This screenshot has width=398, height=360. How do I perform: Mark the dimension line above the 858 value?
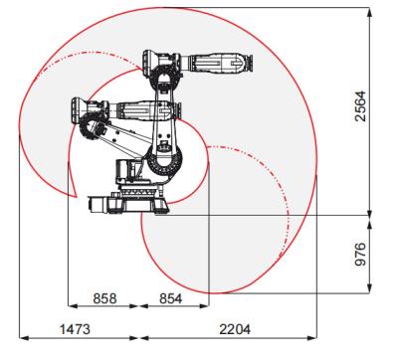(106, 307)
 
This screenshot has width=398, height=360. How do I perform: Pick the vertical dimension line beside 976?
(371, 253)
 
